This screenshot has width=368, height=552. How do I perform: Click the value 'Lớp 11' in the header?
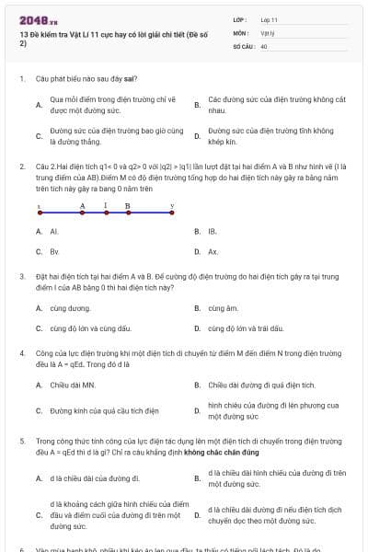click(270, 18)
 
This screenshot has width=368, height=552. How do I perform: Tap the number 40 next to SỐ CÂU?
click(264, 44)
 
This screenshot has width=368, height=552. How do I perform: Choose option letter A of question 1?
click(39, 105)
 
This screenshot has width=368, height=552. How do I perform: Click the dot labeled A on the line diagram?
click(83, 213)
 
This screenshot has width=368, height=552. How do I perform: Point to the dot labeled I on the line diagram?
click(106, 213)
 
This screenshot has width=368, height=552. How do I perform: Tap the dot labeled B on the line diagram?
click(128, 213)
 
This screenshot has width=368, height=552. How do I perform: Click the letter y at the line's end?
click(173, 206)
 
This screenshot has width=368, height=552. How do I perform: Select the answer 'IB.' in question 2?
click(213, 232)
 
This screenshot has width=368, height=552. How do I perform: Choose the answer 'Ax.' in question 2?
click(213, 251)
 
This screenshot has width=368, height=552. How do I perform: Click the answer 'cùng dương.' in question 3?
click(71, 308)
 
